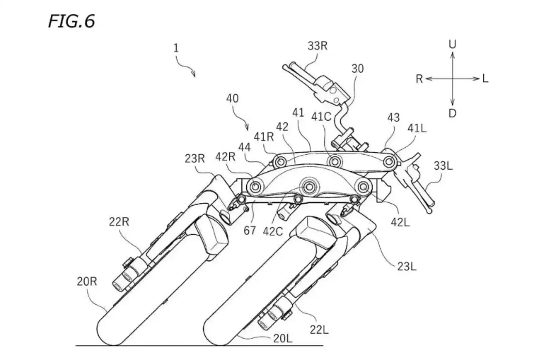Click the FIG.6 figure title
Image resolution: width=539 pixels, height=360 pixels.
(71, 21)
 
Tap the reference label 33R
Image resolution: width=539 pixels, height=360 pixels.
(318, 46)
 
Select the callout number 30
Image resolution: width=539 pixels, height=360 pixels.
(357, 69)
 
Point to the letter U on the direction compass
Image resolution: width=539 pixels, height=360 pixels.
(453, 45)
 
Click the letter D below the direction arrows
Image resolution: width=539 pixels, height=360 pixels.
(453, 113)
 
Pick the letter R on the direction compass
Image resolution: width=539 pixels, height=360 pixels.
(419, 79)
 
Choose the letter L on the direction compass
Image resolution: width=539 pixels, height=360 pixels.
(485, 79)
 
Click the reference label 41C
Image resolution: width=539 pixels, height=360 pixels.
(321, 117)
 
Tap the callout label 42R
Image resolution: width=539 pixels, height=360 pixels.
(225, 156)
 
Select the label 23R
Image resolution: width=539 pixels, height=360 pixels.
(195, 158)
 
